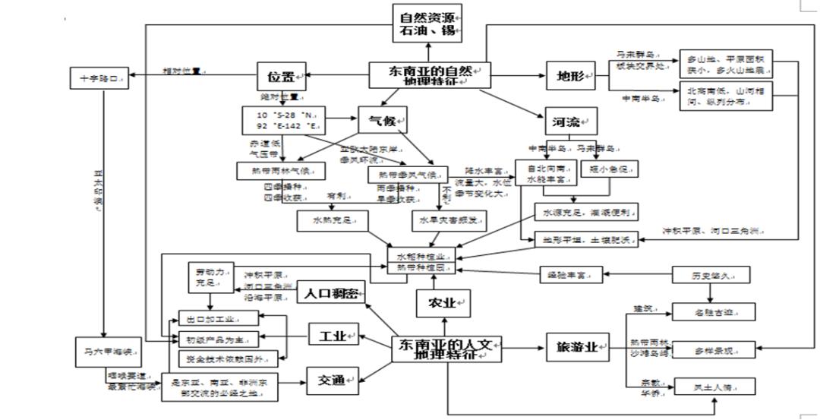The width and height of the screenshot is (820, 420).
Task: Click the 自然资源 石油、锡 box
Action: (427, 24)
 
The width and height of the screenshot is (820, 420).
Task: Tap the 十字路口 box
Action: (99, 78)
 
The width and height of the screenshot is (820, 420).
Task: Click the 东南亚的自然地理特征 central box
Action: (430, 75)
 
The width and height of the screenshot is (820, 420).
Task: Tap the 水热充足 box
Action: (333, 220)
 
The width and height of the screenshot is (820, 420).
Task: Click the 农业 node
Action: (444, 303)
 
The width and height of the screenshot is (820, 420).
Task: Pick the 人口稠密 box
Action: (331, 292)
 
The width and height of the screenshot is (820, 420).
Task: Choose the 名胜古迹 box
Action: (714, 311)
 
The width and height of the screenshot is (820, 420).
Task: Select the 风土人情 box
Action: (714, 387)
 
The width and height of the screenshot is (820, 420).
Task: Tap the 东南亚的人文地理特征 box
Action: (446, 349)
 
